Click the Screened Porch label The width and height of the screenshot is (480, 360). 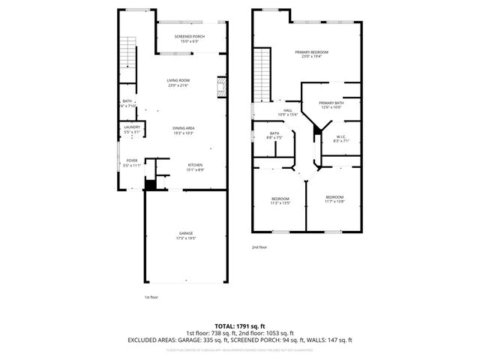pyautogui.click(x=190, y=37)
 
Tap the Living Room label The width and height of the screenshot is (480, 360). pyautogui.click(x=178, y=80)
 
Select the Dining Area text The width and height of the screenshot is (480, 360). pyautogui.click(x=184, y=128)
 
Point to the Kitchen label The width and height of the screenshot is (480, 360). pyautogui.click(x=195, y=165)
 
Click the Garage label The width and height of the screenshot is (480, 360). pyautogui.click(x=186, y=233)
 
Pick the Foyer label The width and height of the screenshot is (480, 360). pyautogui.click(x=132, y=160)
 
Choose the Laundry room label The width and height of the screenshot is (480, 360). pyautogui.click(x=132, y=127)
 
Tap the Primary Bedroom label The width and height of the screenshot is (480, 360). pyautogui.click(x=315, y=52)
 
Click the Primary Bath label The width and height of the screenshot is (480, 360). pyautogui.click(x=331, y=103)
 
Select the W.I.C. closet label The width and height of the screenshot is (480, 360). pyautogui.click(x=340, y=136)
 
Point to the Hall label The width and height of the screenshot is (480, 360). pyautogui.click(x=288, y=110)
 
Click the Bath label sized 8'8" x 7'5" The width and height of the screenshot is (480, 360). pyautogui.click(x=274, y=133)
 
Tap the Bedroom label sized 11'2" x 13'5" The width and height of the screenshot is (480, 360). pyautogui.click(x=280, y=199)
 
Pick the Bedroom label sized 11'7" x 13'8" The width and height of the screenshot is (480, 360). pyautogui.click(x=334, y=196)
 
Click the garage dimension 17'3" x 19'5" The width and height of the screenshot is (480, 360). pyautogui.click(x=186, y=238)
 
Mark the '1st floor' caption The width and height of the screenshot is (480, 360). pyautogui.click(x=151, y=297)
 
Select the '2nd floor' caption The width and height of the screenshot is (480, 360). pyautogui.click(x=259, y=247)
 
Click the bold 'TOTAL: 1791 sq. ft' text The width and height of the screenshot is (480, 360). pyautogui.click(x=239, y=326)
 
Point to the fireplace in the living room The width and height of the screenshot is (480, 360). pyautogui.click(x=221, y=86)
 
